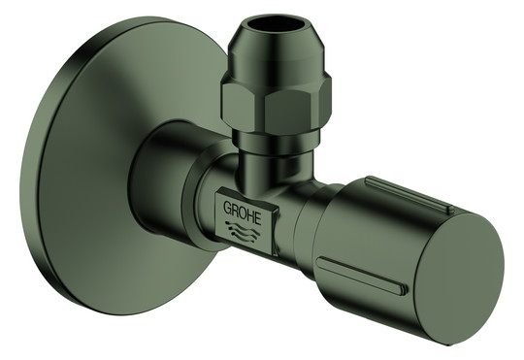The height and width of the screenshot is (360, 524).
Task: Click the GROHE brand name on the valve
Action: [242, 213]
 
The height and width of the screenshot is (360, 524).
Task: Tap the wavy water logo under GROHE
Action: [243, 231]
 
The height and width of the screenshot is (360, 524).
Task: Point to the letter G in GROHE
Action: [227, 207]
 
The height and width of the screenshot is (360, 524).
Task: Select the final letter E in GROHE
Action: [257, 217]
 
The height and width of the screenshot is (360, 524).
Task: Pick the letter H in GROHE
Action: [250, 214]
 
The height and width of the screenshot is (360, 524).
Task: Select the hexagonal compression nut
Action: [276, 104]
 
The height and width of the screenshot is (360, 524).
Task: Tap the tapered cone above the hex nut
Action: [274, 50]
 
